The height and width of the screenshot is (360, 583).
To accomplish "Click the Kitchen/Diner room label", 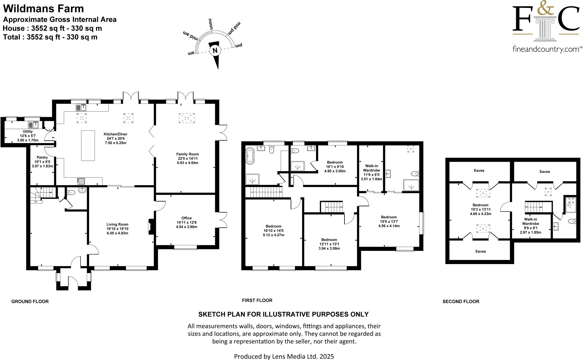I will pos(115,134).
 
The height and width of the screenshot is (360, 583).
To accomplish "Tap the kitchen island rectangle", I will pos(88,146).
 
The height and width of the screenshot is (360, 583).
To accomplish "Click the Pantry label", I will pos(42,157).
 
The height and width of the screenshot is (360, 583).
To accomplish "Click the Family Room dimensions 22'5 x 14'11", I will pos(187,159).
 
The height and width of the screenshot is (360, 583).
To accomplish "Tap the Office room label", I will pos(186,218).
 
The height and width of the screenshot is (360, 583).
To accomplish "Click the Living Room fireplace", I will pos(151,227).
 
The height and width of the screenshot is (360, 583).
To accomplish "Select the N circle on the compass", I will pos(215,51).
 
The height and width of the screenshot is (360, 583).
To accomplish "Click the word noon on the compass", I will pos(211,24).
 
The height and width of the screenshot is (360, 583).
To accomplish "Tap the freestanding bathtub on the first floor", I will pos(250,156).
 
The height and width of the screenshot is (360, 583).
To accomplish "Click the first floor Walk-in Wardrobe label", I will pos(371,168).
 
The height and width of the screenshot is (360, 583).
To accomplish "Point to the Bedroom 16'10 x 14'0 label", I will pos(273,226).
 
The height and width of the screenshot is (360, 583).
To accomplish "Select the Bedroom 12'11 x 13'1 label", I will pos(329,240).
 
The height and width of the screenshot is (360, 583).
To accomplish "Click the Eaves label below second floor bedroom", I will pos(481,251).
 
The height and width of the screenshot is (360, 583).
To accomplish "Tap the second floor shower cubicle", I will pos(570,205).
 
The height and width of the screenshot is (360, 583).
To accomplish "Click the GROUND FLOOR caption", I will pos(30,301).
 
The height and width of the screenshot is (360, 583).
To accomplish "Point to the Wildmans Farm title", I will pos(44,9).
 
